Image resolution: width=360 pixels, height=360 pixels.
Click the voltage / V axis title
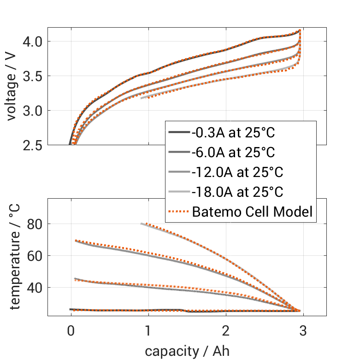pos(12,86)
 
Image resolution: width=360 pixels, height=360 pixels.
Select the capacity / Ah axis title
pos(187,351)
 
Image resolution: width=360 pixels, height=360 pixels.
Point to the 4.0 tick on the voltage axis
pos(32,41)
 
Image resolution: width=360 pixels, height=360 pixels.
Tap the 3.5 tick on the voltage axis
pos(32,76)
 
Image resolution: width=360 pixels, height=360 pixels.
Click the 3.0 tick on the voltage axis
pos(32,111)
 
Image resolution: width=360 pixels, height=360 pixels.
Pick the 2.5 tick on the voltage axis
pos(32,145)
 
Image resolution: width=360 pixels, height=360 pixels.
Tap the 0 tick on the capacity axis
pos(71,331)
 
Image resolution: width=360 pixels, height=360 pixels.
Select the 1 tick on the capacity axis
pos(148,331)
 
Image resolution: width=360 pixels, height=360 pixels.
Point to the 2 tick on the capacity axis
pos(226,331)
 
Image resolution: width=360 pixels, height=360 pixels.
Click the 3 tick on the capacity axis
pos(303,331)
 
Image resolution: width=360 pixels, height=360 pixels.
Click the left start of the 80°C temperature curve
pos(142,224)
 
